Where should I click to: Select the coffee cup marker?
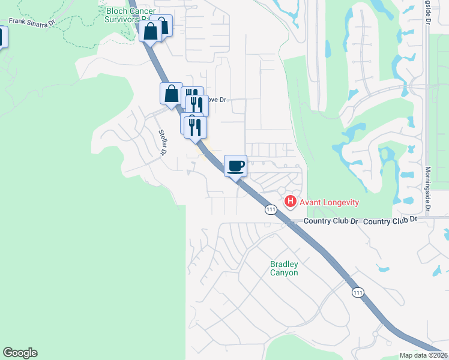point(236,166)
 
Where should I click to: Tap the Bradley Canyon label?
point(284,268)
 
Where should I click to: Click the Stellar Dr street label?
point(162,143)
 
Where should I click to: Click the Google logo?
point(20,353)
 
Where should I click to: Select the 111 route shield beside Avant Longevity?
point(271,209)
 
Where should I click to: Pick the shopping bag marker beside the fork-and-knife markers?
point(171,94)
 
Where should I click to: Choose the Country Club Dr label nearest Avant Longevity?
point(330,221)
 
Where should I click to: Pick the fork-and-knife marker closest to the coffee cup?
point(196,127)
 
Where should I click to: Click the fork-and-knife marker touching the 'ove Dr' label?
point(197,105)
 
